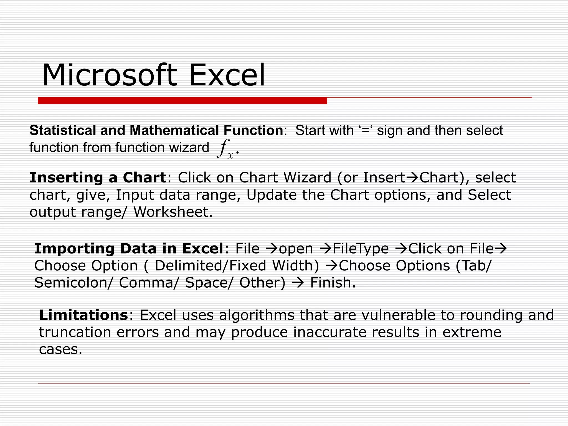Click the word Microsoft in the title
click(109, 75)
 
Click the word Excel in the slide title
click(227, 75)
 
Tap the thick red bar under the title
click(182, 101)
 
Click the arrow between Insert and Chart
click(412, 178)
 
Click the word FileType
click(361, 249)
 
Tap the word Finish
click(333, 283)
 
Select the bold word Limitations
click(83, 315)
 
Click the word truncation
click(75, 332)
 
